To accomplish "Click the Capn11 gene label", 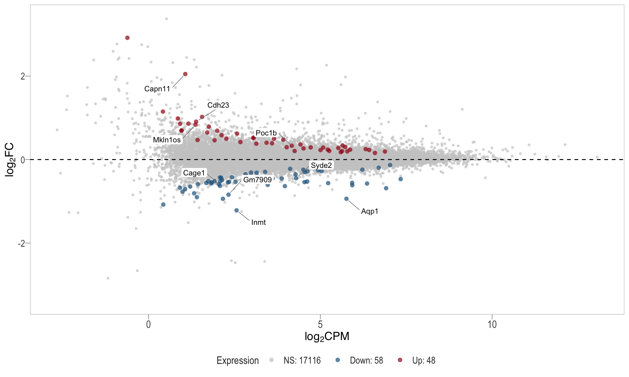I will click(x=157, y=89).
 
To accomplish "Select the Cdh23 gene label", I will click(x=218, y=105).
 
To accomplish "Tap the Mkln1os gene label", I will click(x=167, y=140).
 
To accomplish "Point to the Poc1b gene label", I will click(x=266, y=133).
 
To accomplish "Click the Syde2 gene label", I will click(x=321, y=165).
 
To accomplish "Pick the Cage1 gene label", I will click(x=194, y=173).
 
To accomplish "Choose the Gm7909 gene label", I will click(x=257, y=180).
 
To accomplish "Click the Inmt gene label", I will click(x=258, y=223).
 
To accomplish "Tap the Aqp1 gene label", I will click(x=370, y=211).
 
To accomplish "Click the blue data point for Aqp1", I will click(x=346, y=199).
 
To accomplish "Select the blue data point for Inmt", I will click(x=237, y=210).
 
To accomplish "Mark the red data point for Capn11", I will click(x=185, y=74).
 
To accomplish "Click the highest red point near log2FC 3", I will click(x=127, y=38).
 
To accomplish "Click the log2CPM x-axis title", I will click(x=327, y=336).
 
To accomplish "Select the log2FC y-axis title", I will click(x=10, y=159).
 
